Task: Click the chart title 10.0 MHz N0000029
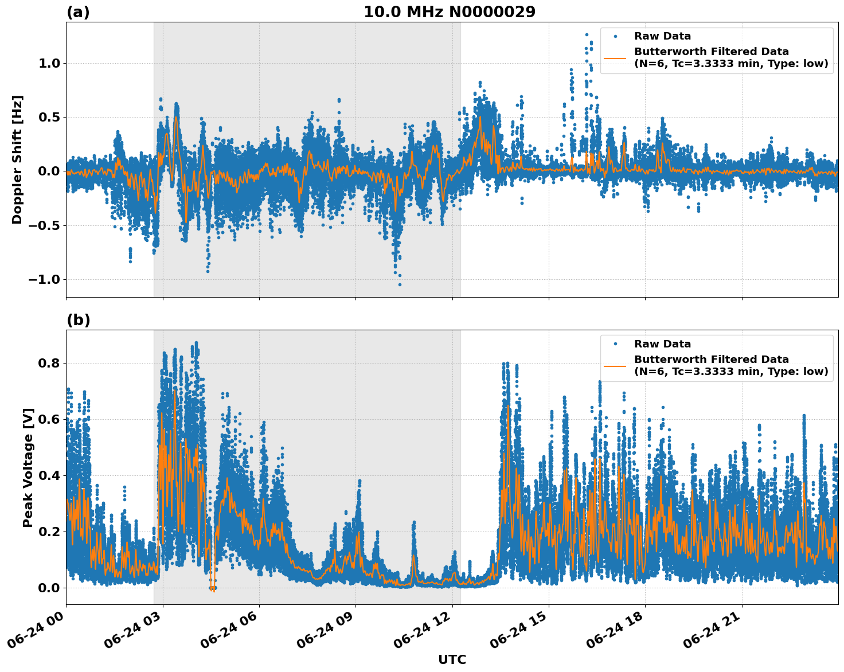click(450, 12)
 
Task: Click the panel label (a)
click(78, 12)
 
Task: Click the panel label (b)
click(78, 320)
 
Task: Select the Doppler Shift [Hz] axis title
click(17, 159)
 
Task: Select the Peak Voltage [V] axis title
click(28, 467)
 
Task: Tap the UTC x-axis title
click(452, 660)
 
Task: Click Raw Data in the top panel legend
click(662, 37)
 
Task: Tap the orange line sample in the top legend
click(615, 57)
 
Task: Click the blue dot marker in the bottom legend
click(615, 344)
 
